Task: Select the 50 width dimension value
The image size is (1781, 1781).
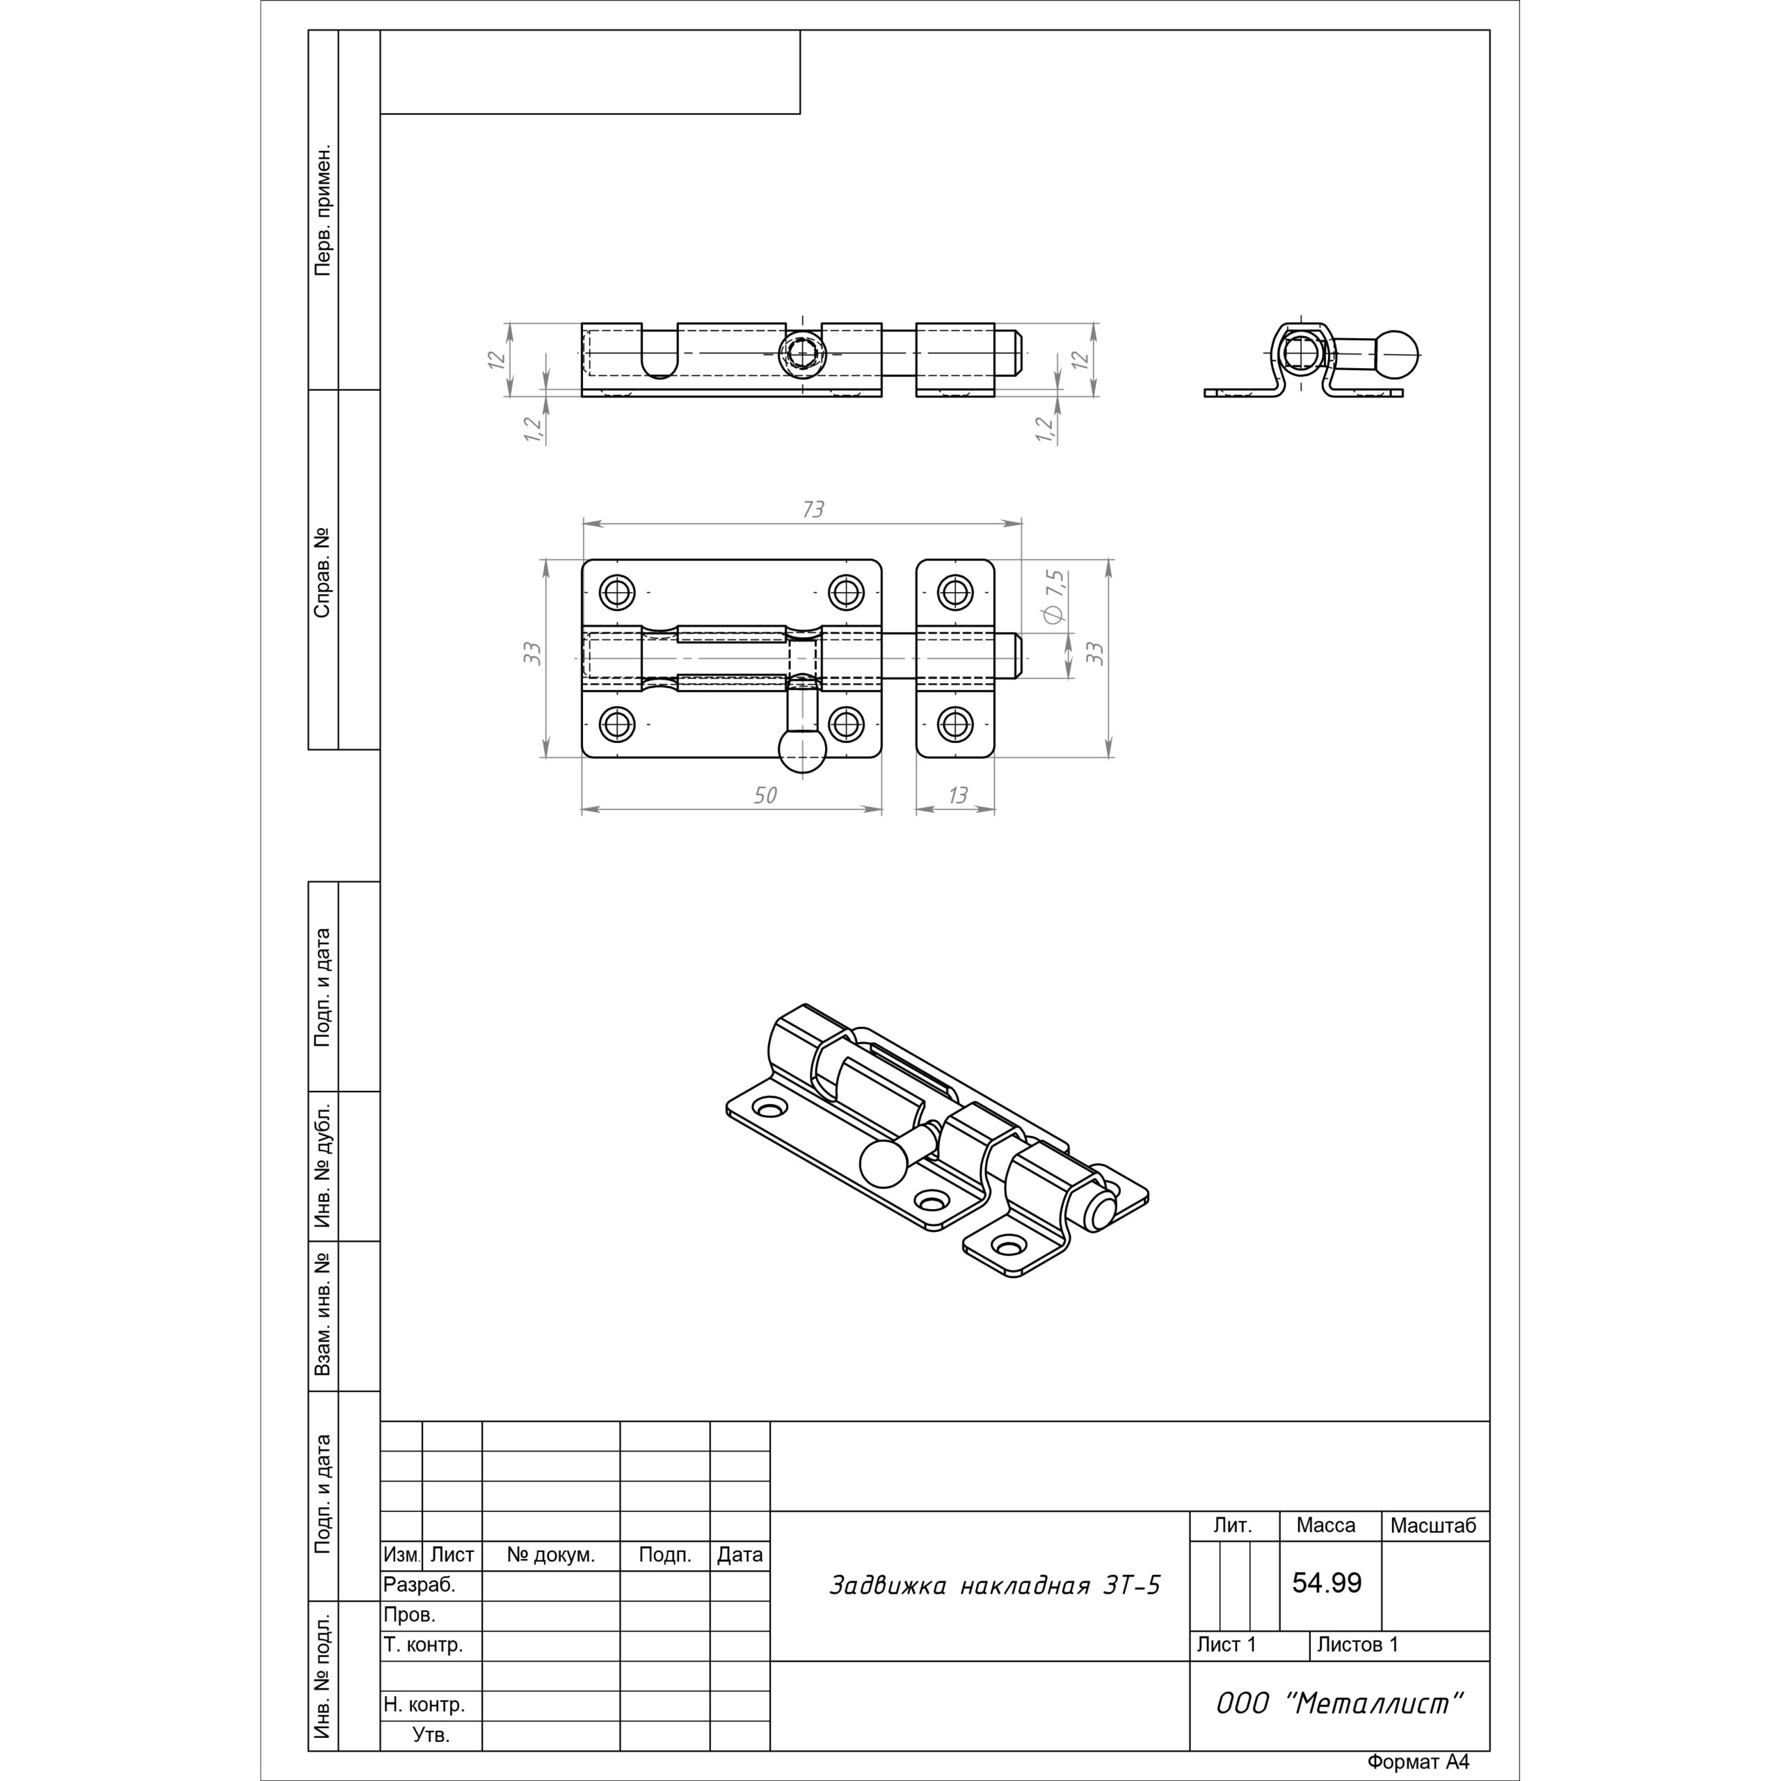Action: pyautogui.click(x=765, y=794)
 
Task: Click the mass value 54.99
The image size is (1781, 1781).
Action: pyautogui.click(x=1327, y=1582)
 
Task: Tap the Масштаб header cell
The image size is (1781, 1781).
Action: pyautogui.click(x=1432, y=1525)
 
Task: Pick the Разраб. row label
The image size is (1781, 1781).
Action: pyautogui.click(x=420, y=1585)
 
